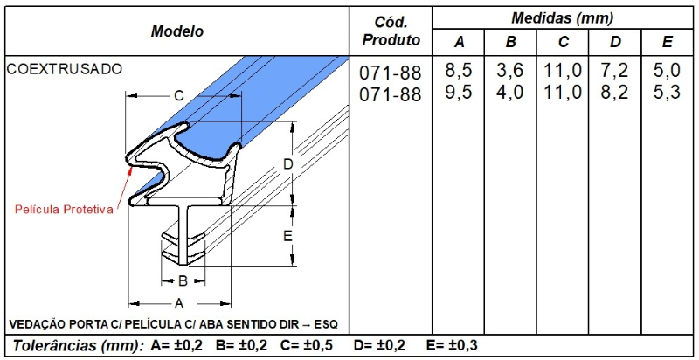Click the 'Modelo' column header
coord(176,31)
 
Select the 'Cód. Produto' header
coord(391,31)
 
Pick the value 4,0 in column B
coord(510,93)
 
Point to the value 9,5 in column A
coord(459,93)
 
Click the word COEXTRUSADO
coord(66,68)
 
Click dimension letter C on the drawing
coord(177,95)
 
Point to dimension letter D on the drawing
coord(287,163)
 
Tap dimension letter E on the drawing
coord(287,236)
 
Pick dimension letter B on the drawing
coord(182,281)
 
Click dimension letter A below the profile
coord(178,303)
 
